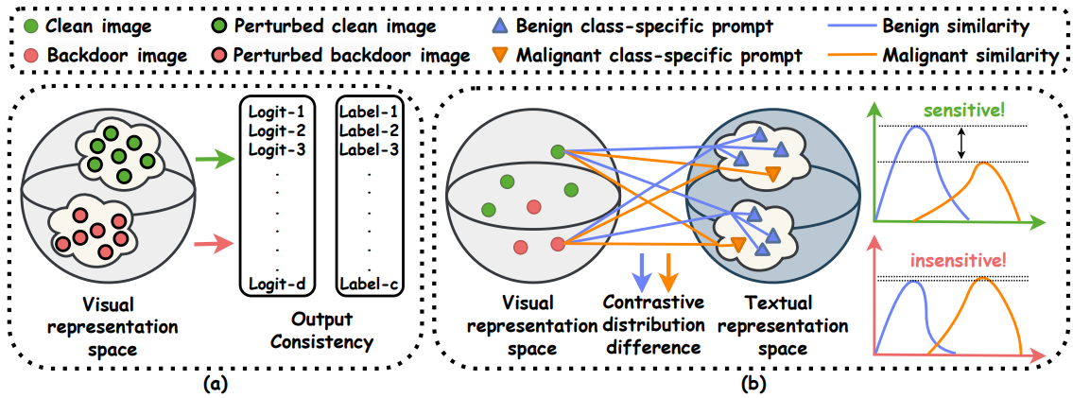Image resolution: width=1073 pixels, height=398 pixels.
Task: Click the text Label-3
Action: (x=364, y=148)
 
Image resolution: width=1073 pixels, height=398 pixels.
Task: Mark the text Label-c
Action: (x=364, y=283)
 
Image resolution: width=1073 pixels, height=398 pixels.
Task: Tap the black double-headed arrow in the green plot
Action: (x=962, y=144)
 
